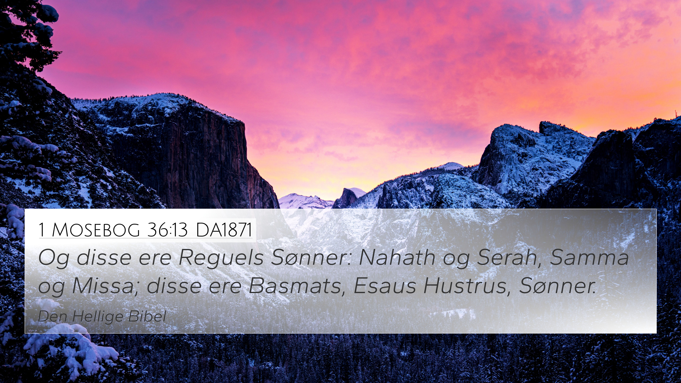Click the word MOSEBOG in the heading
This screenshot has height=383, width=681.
[x=96, y=230]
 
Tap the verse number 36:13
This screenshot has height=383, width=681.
[x=167, y=230]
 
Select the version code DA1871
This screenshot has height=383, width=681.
[x=224, y=230]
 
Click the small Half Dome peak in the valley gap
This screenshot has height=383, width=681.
[x=349, y=197]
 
